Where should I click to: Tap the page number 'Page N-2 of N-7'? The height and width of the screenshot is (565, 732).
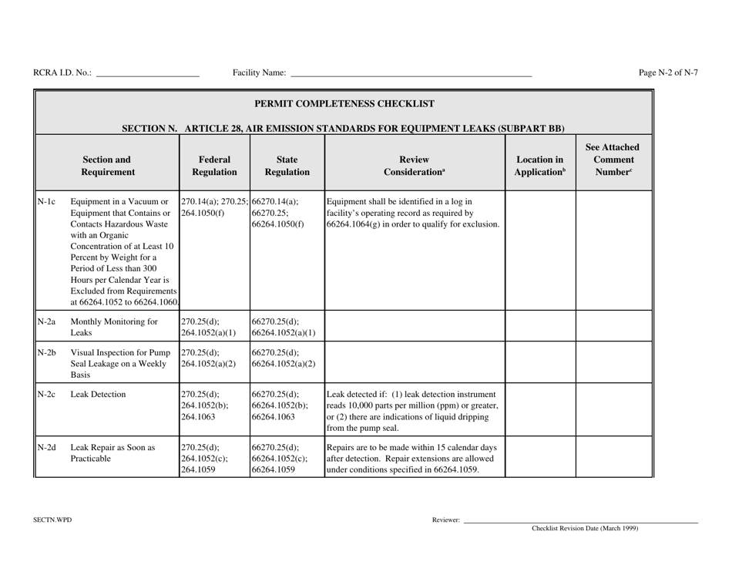[x=668, y=73]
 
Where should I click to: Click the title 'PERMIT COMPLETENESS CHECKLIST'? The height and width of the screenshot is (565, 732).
[x=344, y=103]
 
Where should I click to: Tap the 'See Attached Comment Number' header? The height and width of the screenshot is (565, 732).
[x=614, y=160]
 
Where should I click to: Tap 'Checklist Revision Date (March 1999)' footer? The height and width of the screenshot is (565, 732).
[x=585, y=529]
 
